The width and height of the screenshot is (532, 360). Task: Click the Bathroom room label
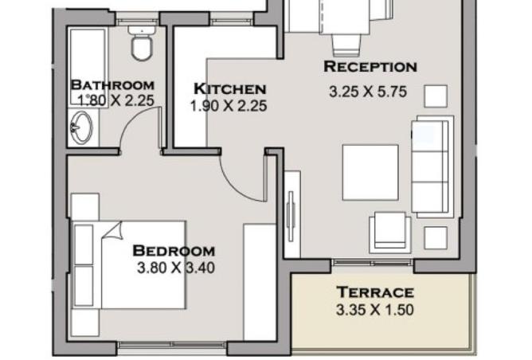(x=112, y=85)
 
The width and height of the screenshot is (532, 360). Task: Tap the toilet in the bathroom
(x=142, y=44)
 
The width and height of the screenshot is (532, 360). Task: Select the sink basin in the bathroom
(x=81, y=127)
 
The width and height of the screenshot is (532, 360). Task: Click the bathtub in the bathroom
(x=88, y=67)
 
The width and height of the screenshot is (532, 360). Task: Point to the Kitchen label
(x=229, y=89)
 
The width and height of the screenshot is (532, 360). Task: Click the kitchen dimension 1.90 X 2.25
(x=229, y=106)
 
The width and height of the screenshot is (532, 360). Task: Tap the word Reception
(x=370, y=66)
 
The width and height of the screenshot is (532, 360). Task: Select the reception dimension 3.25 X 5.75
(x=368, y=92)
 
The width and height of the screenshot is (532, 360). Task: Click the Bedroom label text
(x=174, y=251)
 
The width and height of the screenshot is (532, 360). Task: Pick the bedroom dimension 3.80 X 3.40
(x=176, y=268)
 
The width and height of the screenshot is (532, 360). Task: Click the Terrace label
(x=375, y=292)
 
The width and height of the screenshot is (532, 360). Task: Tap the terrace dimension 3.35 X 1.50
(x=375, y=310)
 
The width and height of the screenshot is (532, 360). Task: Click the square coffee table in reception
(x=370, y=172)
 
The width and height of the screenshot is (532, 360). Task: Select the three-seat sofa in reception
(x=432, y=166)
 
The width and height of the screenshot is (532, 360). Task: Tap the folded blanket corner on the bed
(x=113, y=231)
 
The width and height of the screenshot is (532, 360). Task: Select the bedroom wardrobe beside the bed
(x=260, y=282)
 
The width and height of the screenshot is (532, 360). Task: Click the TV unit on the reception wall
(x=291, y=214)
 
